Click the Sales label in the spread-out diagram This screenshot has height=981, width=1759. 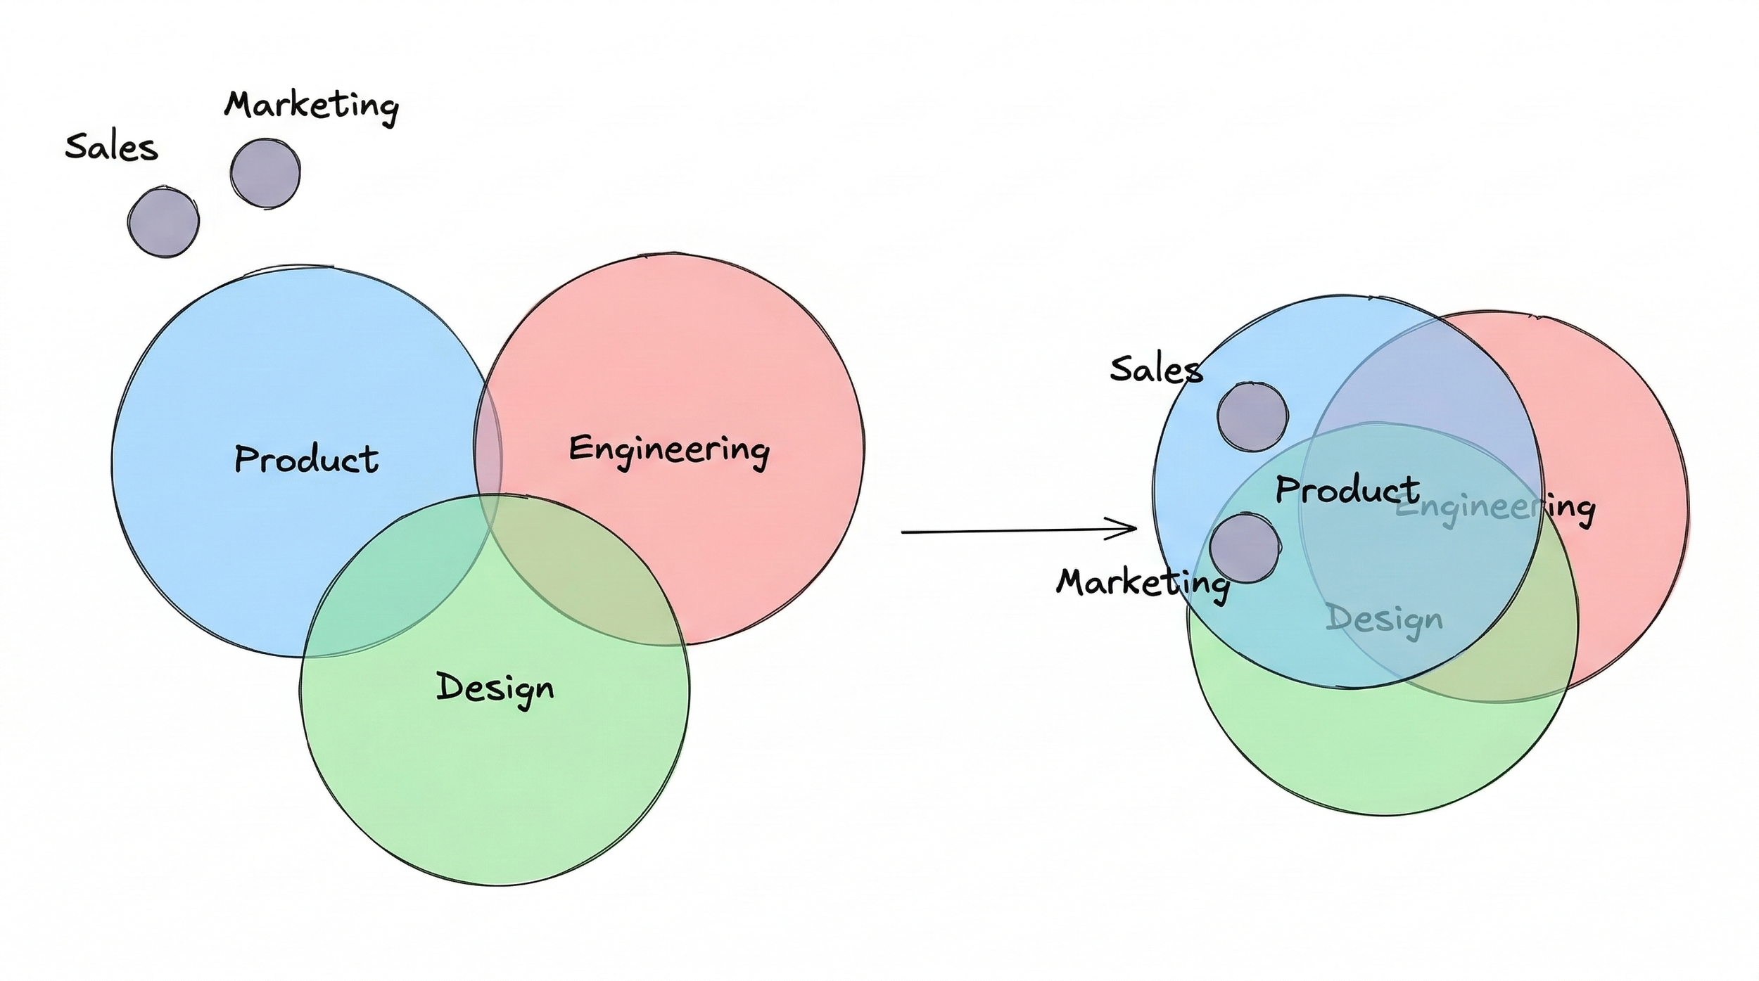click(111, 148)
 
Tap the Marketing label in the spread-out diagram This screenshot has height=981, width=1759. click(311, 106)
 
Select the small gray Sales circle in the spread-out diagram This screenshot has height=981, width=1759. click(163, 222)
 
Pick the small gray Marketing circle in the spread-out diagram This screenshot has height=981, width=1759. click(265, 173)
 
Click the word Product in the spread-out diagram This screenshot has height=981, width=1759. click(306, 459)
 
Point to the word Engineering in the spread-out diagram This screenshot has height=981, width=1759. click(668, 449)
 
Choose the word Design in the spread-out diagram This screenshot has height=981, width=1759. click(495, 687)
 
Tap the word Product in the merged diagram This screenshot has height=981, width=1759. click(1347, 489)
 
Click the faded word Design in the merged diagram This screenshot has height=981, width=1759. click(1383, 620)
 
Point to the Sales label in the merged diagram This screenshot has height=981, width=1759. click(1155, 369)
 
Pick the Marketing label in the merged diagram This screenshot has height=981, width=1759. click(1142, 583)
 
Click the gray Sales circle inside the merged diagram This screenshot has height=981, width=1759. click(1252, 416)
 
